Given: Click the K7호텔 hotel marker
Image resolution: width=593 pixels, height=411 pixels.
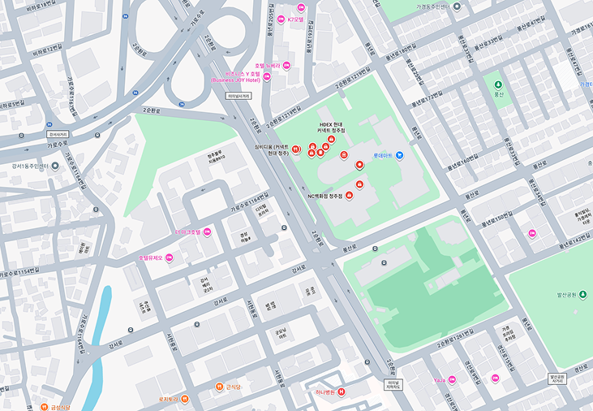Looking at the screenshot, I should [x=281, y=19].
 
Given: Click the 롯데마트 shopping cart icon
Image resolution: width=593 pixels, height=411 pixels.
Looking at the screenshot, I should [x=399, y=155].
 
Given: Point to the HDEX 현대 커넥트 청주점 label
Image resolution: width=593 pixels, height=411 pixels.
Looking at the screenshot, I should [x=332, y=127].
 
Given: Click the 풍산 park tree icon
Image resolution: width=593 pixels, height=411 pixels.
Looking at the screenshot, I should [x=498, y=84].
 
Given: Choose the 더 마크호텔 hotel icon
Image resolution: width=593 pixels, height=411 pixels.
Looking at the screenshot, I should [x=208, y=232].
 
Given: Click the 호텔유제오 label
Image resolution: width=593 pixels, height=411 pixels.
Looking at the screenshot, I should [x=149, y=257].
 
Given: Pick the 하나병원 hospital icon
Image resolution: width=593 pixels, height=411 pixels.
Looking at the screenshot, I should [x=342, y=392].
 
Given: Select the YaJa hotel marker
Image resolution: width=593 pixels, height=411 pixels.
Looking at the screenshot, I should [x=452, y=379].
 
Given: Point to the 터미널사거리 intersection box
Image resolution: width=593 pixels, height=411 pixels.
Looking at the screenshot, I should [x=239, y=95].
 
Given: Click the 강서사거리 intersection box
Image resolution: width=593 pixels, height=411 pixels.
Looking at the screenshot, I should [x=55, y=134].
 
